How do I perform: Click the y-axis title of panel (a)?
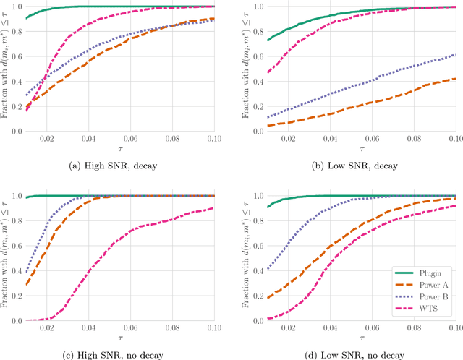[x=5, y=69]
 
